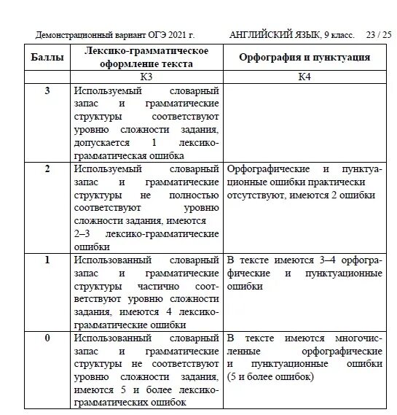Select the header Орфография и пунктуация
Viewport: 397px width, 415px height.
tap(304, 57)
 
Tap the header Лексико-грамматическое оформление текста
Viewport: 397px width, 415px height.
tap(146, 57)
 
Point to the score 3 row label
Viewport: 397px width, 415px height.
tap(48, 91)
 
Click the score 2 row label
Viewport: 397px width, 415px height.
tap(48, 168)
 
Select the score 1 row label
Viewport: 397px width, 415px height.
tap(48, 260)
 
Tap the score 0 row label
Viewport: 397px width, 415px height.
tap(48, 338)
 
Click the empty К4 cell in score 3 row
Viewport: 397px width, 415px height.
tap(304, 123)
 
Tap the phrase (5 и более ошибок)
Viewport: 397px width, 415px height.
tap(270, 377)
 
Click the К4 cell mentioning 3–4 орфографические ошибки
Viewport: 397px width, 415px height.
tap(304, 274)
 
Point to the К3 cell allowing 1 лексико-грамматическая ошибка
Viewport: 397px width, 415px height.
tap(146, 123)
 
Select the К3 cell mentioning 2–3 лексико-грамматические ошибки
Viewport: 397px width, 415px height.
tap(146, 207)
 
